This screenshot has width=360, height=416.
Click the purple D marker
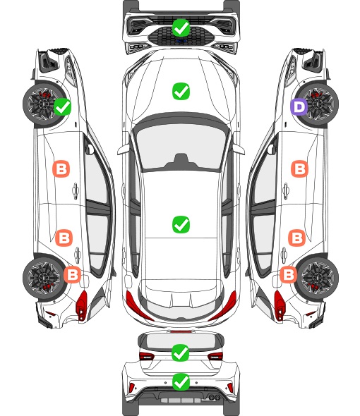pos(299,107)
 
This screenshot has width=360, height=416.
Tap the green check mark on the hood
pos(181,91)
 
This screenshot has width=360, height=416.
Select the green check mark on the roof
pos(181,225)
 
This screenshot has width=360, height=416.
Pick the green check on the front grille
pos(181,27)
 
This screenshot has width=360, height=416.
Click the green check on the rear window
pos(181,353)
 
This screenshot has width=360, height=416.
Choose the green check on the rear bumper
pos(181,382)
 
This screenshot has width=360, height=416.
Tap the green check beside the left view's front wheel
pos(62,106)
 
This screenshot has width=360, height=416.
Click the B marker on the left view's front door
pos(61,169)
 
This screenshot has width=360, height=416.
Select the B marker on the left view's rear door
pos(64,238)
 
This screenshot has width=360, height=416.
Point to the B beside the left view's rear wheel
pos(72,274)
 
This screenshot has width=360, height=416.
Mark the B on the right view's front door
pos(300,169)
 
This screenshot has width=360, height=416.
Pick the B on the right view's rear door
pos(296,238)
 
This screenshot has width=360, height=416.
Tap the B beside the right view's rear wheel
pos(288,274)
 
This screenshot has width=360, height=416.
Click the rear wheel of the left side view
pos(44,278)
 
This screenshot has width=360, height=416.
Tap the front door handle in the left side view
pos(76,190)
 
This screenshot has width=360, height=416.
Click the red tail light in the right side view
pos(280,305)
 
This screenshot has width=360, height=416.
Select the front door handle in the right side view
pos(286,190)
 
